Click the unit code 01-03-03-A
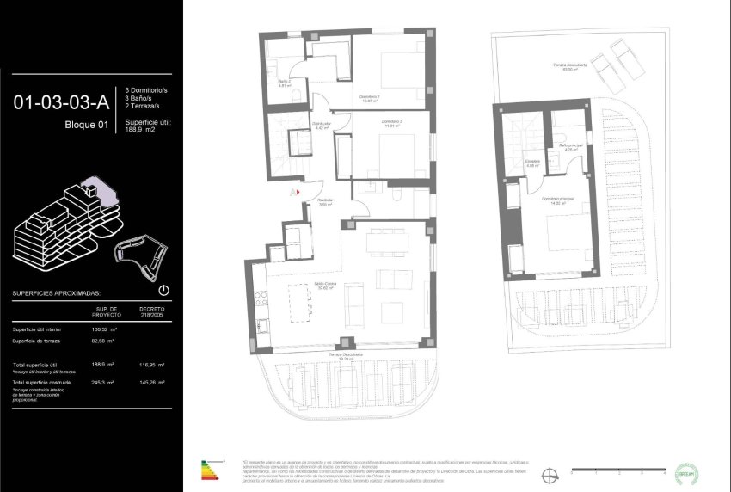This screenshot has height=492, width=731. (61, 103)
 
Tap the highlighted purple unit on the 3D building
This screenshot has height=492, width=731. (93, 187)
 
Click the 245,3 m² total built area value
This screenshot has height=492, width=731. (101, 381)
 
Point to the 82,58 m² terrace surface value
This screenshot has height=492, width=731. (103, 342)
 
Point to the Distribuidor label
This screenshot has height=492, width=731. (322, 126)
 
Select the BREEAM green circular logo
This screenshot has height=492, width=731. (687, 471)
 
